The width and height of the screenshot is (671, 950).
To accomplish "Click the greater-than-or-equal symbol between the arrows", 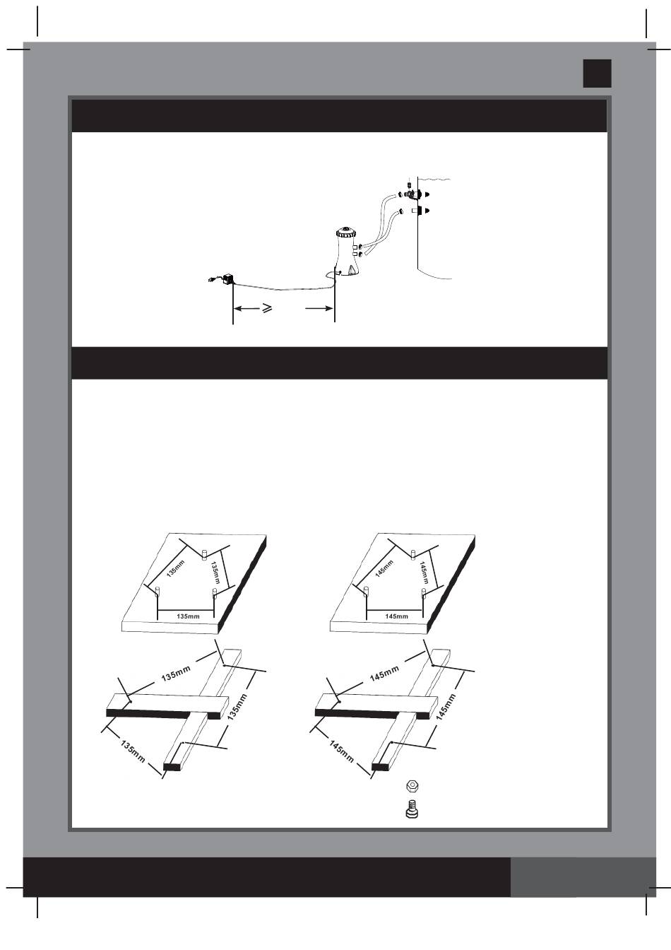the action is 268,309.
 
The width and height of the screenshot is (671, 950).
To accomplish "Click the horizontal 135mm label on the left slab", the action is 187,616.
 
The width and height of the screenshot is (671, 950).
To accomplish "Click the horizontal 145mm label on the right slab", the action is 396,616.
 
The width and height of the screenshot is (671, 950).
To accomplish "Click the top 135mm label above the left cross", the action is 177,674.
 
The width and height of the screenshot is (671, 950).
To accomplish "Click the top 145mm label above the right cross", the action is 385,674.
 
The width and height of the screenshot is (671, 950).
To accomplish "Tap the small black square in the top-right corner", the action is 597,74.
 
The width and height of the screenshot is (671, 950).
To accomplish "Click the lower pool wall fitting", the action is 417,211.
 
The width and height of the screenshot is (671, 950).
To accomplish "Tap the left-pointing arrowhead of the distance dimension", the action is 239,309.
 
